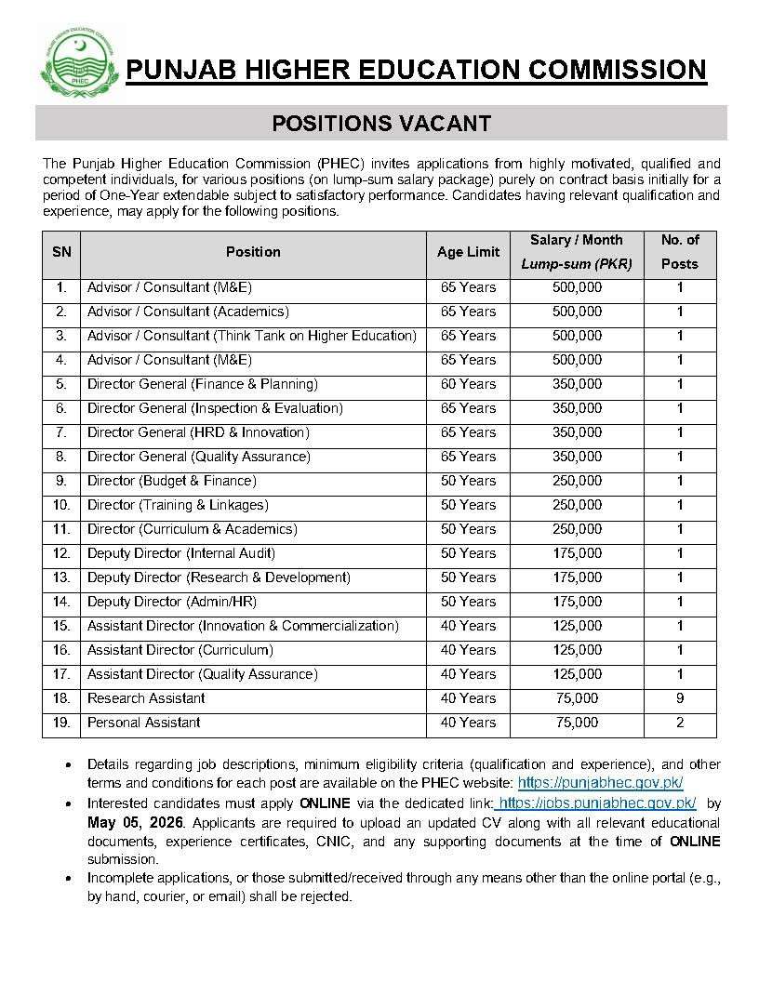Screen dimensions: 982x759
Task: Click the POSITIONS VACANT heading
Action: point(380,123)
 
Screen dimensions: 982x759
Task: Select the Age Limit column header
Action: point(468,252)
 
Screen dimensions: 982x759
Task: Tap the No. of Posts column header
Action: point(679,252)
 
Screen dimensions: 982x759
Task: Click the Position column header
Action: point(253,252)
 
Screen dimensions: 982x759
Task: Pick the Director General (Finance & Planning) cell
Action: point(203,384)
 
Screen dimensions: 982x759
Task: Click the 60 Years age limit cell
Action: point(468,384)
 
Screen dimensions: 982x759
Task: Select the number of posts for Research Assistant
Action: point(679,698)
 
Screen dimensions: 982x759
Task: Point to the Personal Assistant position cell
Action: point(144,723)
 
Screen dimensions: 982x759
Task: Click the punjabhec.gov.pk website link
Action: point(600,783)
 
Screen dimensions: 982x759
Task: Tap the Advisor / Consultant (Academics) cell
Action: point(188,312)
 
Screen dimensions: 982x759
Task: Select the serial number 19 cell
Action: point(61,723)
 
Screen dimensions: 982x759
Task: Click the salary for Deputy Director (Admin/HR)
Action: point(576,602)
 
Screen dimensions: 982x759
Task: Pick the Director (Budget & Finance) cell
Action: point(172,481)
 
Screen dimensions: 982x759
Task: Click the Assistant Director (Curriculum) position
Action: point(180,650)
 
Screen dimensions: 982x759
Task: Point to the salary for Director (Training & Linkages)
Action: point(576,505)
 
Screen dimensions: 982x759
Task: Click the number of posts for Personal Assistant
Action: point(679,723)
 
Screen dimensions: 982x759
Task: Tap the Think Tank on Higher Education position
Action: point(251,336)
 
